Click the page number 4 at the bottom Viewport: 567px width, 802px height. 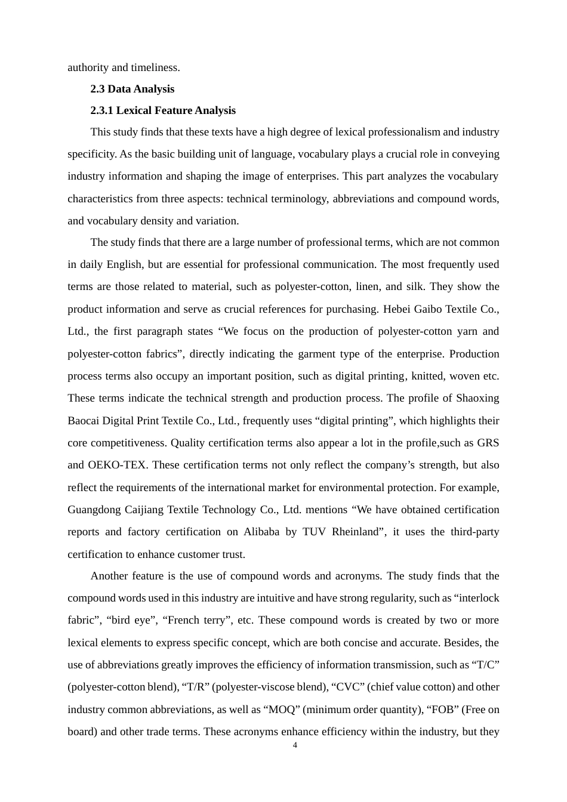point(295,745)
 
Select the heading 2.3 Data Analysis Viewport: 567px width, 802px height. point(132,89)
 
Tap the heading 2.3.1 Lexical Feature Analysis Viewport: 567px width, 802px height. point(163,110)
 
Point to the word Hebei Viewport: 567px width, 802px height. point(396,309)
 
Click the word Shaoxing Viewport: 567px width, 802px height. point(477,398)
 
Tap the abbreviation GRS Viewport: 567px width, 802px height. point(488,443)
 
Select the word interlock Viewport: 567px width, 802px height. point(478,598)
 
